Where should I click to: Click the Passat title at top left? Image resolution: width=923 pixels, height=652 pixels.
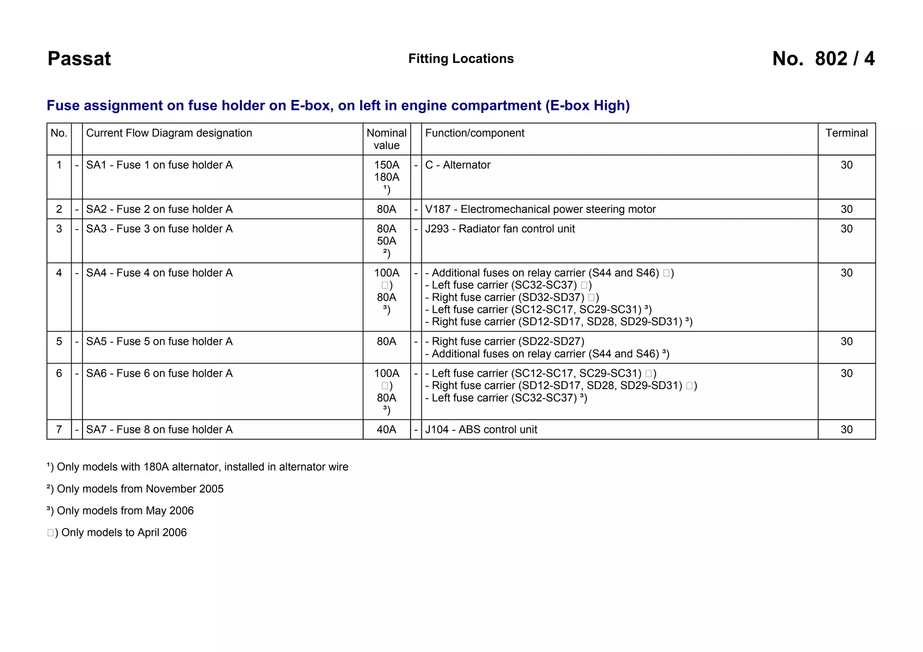79,59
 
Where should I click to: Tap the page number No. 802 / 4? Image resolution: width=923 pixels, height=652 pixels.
823,59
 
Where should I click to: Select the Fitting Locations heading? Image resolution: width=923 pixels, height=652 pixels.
461,59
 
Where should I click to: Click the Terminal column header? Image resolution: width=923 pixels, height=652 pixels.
846,133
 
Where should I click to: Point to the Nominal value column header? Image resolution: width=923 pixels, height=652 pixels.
386,139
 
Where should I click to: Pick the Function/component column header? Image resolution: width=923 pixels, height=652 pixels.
475,133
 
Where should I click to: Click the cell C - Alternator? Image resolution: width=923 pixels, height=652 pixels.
457,165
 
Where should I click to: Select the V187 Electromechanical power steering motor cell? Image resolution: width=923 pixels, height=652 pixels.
540,209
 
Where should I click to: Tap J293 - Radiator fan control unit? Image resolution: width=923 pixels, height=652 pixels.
500,229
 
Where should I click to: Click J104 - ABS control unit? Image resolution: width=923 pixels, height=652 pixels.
481,429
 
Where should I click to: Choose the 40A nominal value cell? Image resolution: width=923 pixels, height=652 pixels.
386,429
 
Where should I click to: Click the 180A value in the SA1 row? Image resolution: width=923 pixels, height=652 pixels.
386,177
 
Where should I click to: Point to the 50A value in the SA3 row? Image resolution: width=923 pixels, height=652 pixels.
386,241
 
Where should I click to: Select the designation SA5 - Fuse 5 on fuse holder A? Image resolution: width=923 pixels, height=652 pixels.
159,342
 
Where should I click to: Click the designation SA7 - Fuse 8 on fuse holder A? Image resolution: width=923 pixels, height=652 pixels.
159,429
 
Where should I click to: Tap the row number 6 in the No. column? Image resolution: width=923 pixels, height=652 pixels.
59,374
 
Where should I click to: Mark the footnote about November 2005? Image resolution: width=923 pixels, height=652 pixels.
135,489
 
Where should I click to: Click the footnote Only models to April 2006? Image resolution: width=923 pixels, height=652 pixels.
117,533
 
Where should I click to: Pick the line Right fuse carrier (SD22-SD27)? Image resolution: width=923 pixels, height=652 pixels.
505,342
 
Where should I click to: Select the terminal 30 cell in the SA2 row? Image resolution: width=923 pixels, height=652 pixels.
846,209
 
